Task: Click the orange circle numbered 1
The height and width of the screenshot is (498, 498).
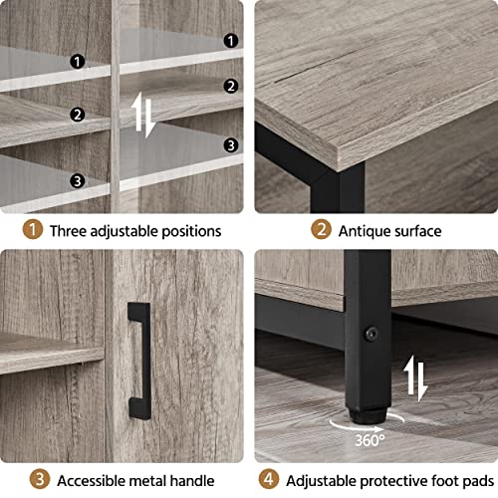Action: pos(34,230)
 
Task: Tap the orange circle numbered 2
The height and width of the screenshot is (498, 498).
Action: pos(321,230)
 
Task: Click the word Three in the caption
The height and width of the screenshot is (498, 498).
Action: pos(74,231)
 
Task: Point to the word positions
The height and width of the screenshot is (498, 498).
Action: pos(185,231)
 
